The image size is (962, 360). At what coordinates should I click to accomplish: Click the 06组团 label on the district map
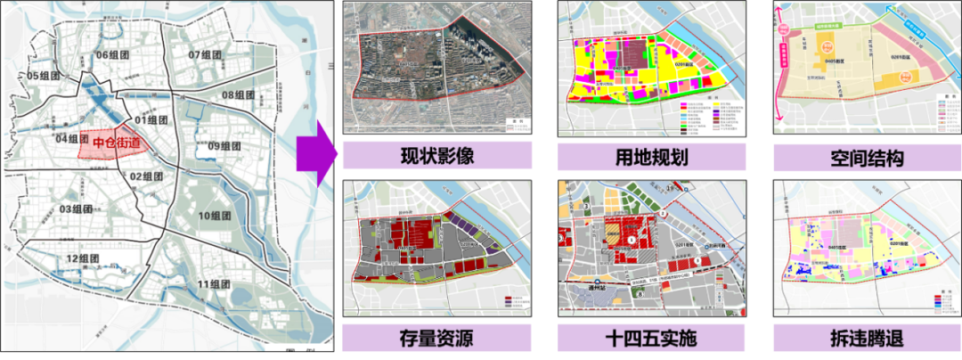click(x=113, y=55)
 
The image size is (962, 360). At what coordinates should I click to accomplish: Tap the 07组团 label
click(x=206, y=55)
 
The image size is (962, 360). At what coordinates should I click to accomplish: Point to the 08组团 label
click(x=238, y=95)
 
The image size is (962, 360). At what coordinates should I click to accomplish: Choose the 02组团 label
click(x=146, y=176)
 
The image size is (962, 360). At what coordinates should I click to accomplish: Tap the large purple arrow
click(x=317, y=158)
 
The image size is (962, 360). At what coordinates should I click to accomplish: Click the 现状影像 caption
click(x=436, y=157)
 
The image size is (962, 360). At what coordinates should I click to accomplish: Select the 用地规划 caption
click(x=652, y=158)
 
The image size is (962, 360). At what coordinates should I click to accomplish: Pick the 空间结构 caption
click(x=867, y=158)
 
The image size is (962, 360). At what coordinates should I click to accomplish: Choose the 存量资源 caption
click(x=436, y=339)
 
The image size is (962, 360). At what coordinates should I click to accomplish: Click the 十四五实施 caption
click(x=652, y=339)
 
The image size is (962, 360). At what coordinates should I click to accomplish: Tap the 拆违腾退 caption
click(x=867, y=339)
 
